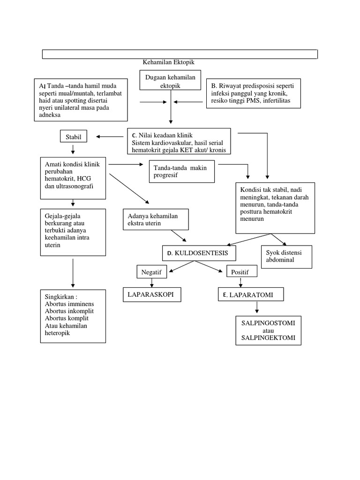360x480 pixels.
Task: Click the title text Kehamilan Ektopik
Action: point(168,62)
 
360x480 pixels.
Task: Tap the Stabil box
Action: point(73,137)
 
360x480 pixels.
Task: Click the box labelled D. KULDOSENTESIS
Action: point(199,253)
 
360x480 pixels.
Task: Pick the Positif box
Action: point(240,272)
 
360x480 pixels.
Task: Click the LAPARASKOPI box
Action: point(152,294)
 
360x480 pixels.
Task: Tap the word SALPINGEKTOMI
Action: point(268,338)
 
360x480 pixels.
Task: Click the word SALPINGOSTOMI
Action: point(268,324)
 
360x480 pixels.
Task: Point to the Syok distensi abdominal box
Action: point(285,256)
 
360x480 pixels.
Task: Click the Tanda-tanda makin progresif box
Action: point(181,172)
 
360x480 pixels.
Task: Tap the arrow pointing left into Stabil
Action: point(109,137)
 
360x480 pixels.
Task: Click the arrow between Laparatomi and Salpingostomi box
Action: point(257,307)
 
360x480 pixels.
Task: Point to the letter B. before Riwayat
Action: point(214,86)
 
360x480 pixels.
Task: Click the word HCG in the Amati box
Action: point(86,179)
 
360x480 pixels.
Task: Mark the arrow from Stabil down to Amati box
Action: point(73,150)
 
